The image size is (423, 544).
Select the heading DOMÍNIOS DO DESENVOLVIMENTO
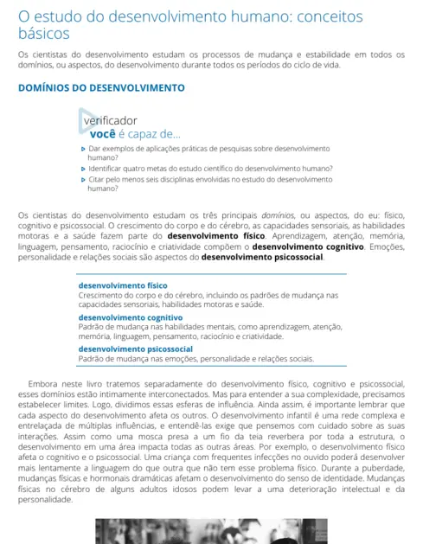point(101,87)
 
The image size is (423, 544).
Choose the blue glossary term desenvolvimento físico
point(123,285)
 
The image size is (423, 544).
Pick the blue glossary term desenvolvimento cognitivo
point(130,317)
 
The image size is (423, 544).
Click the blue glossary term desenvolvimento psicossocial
point(135,349)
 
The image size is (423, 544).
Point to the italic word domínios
point(276,214)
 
